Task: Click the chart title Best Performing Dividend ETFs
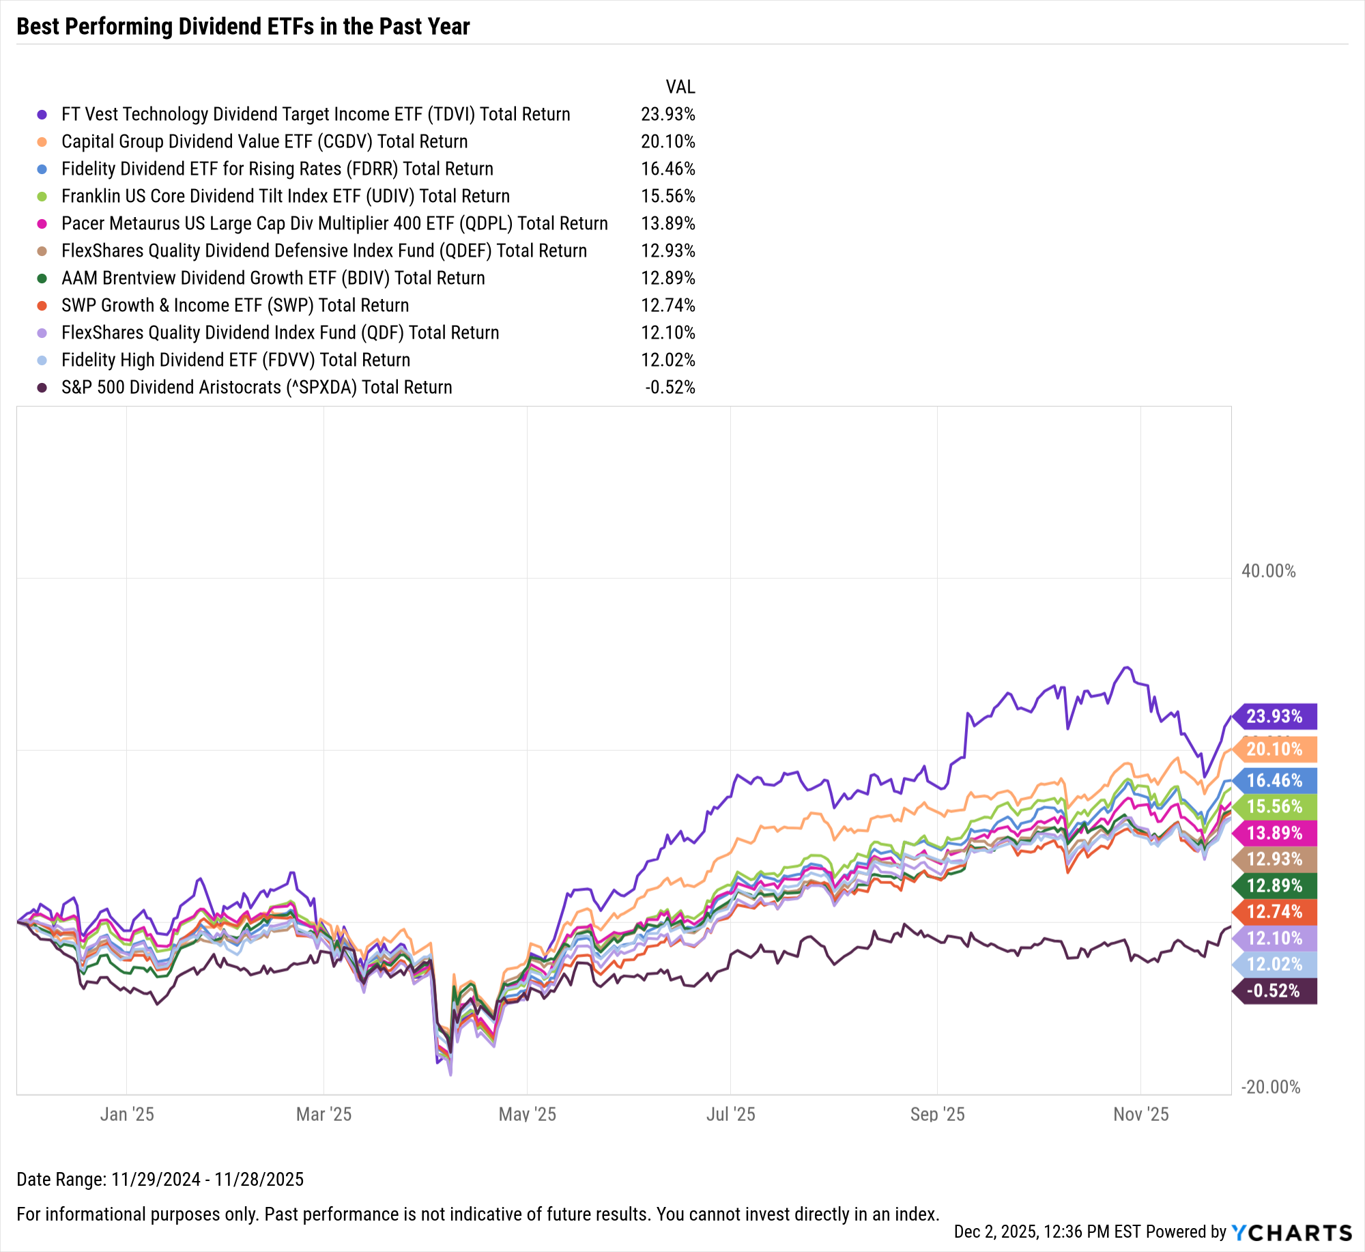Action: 243,26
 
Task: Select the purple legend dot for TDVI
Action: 42,115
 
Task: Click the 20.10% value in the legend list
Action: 667,141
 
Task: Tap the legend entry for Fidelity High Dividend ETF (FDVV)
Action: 235,360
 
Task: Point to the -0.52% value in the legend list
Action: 670,387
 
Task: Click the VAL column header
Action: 680,87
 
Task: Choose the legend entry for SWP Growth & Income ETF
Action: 235,305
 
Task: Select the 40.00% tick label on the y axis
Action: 1268,571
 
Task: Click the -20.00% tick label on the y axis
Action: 1270,1087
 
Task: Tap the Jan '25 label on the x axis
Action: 127,1114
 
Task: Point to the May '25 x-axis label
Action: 527,1114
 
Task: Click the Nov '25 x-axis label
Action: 1140,1114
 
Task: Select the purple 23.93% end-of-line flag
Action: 1274,716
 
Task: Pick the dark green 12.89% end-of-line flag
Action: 1274,885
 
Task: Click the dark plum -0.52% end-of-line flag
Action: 1274,991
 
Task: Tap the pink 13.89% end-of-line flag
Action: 1274,833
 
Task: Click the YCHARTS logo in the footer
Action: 1291,1232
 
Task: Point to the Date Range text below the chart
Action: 160,1179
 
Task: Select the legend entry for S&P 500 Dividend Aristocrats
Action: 257,387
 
